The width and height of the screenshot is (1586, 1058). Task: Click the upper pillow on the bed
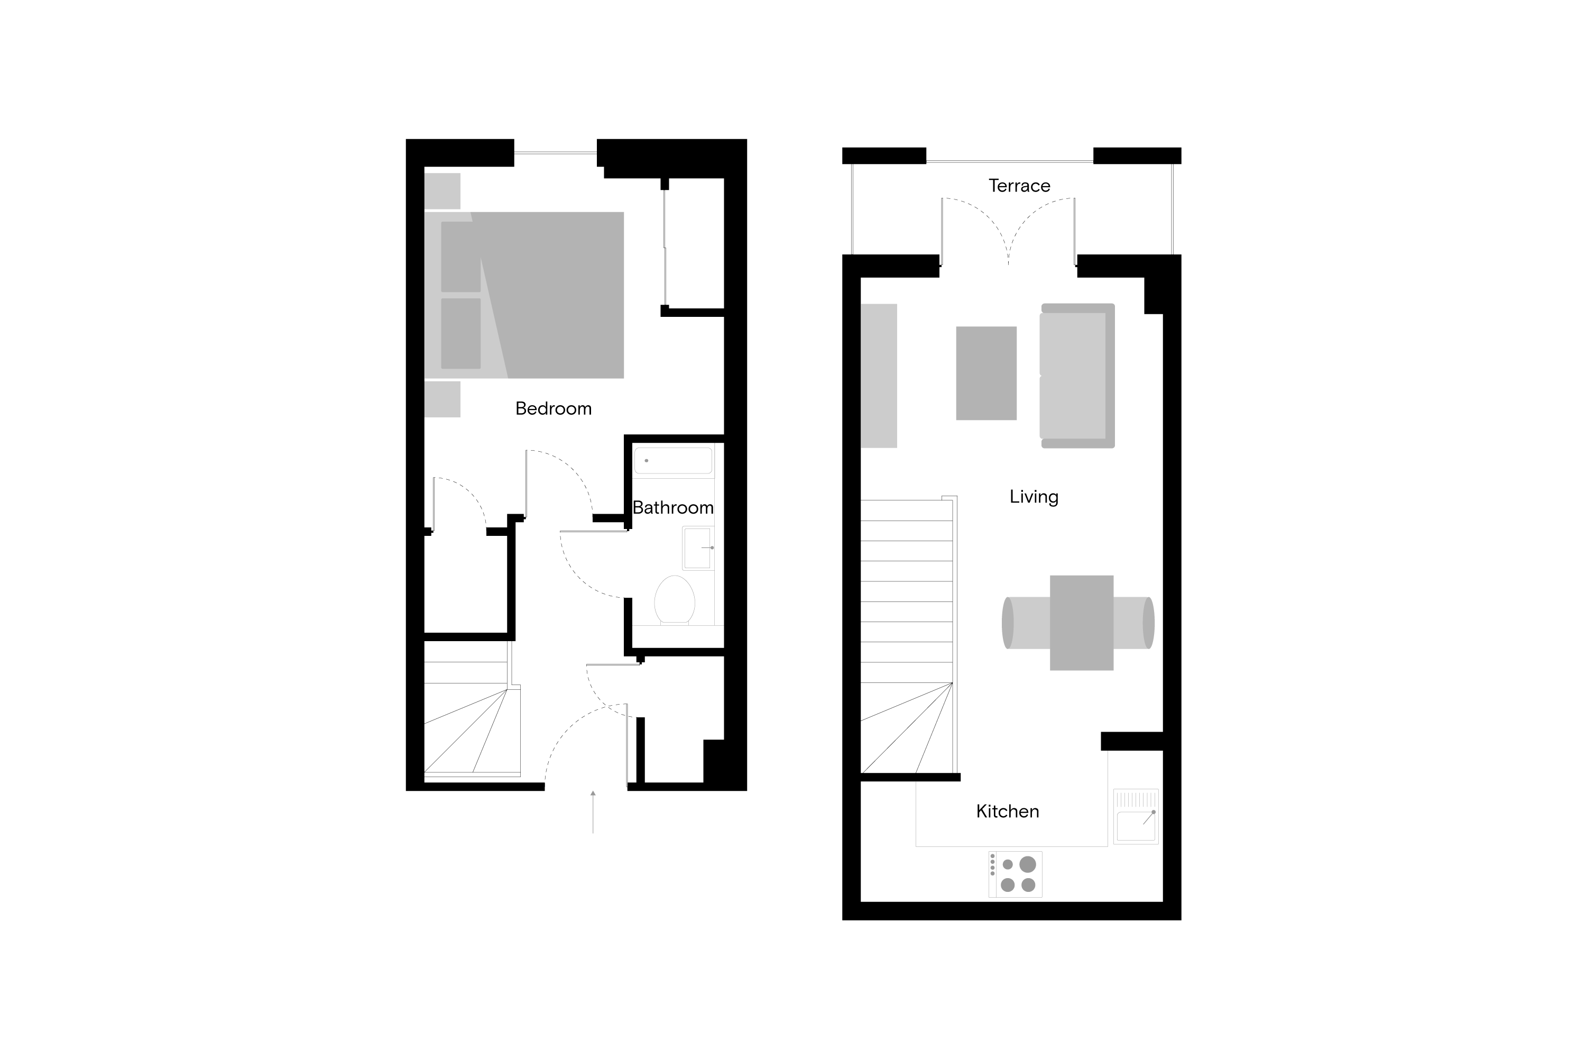[x=460, y=257]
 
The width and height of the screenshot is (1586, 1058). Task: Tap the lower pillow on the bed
[x=460, y=333]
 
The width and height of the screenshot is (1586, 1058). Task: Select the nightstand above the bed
[x=441, y=191]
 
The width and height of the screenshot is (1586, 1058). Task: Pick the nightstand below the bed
[x=441, y=399]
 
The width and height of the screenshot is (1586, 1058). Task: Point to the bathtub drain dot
[x=646, y=461]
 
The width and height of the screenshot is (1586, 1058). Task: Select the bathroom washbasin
[x=697, y=548]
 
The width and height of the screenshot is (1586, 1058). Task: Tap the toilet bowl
[x=675, y=599]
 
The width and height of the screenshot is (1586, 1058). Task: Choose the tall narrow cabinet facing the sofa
[x=879, y=375]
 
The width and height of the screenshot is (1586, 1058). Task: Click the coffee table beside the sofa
[x=986, y=373]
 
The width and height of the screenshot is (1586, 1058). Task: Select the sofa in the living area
[x=1076, y=375]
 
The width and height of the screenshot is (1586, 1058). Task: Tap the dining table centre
[x=1082, y=622]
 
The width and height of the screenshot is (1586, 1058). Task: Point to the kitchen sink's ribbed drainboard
[x=1136, y=799]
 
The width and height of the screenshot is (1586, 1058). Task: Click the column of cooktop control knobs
[x=993, y=864]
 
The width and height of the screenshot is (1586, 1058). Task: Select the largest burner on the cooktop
[x=1028, y=864]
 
